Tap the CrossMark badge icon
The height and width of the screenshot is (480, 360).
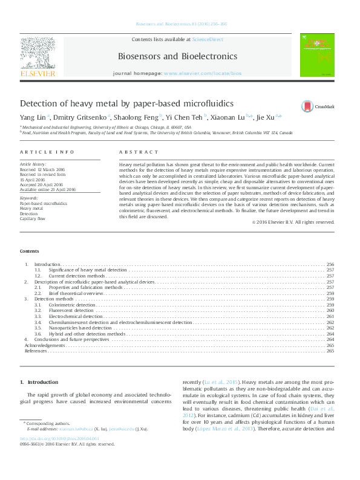click(x=307, y=106)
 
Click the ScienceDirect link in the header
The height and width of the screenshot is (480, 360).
click(x=207, y=39)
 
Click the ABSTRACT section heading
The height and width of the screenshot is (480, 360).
click(x=139, y=152)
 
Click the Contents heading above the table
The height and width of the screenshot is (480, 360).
click(x=29, y=251)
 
